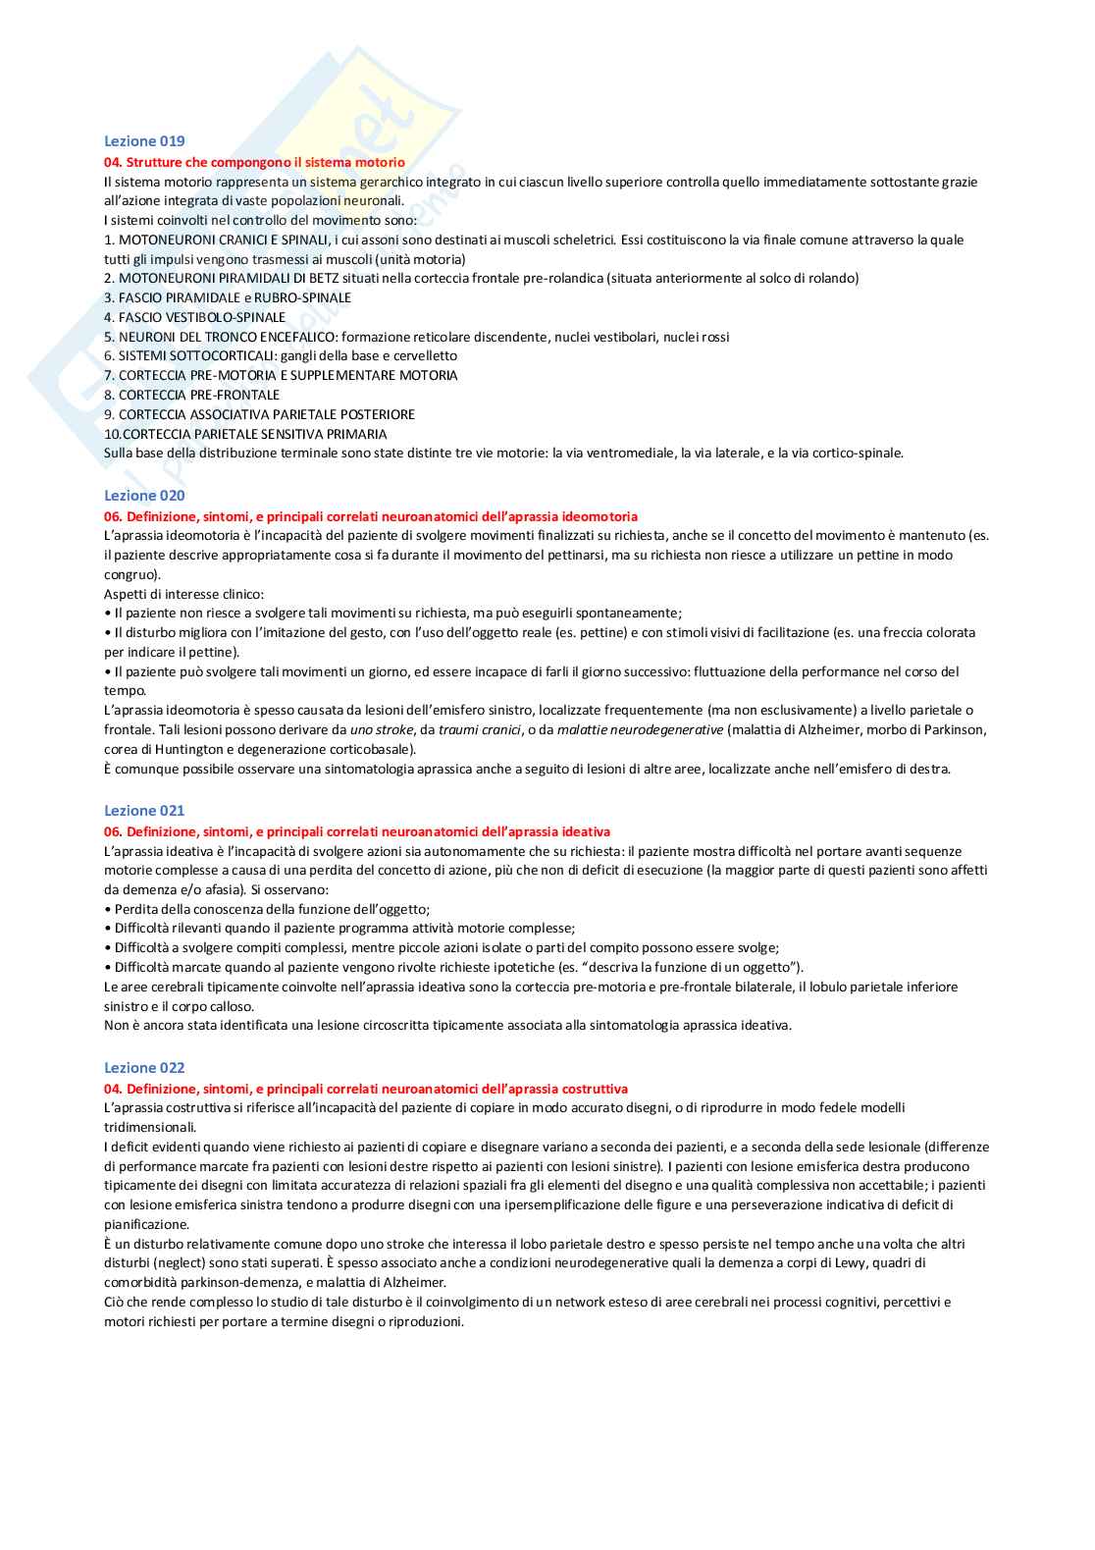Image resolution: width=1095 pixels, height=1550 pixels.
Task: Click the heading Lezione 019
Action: [x=144, y=141]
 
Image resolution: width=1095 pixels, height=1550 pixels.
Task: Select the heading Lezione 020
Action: [x=144, y=496]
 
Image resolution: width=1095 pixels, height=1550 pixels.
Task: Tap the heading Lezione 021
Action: [x=144, y=811]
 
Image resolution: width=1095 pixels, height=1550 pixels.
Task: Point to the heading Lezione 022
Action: [x=144, y=1068]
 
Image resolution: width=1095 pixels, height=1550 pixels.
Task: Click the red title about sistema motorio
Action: [x=254, y=163]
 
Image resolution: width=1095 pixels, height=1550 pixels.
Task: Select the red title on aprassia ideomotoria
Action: [x=371, y=516]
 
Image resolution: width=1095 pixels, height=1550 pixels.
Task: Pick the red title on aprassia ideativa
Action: [x=357, y=831]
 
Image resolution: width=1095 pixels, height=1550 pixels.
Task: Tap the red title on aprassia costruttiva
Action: [x=366, y=1089]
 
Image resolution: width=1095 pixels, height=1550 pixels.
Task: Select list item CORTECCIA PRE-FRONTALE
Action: [x=192, y=396]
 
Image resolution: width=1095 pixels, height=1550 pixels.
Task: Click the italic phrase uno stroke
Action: [x=382, y=730]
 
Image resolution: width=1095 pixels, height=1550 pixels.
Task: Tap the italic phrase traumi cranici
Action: [x=479, y=730]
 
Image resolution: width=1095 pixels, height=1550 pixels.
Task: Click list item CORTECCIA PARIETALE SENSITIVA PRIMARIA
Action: [x=246, y=434]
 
